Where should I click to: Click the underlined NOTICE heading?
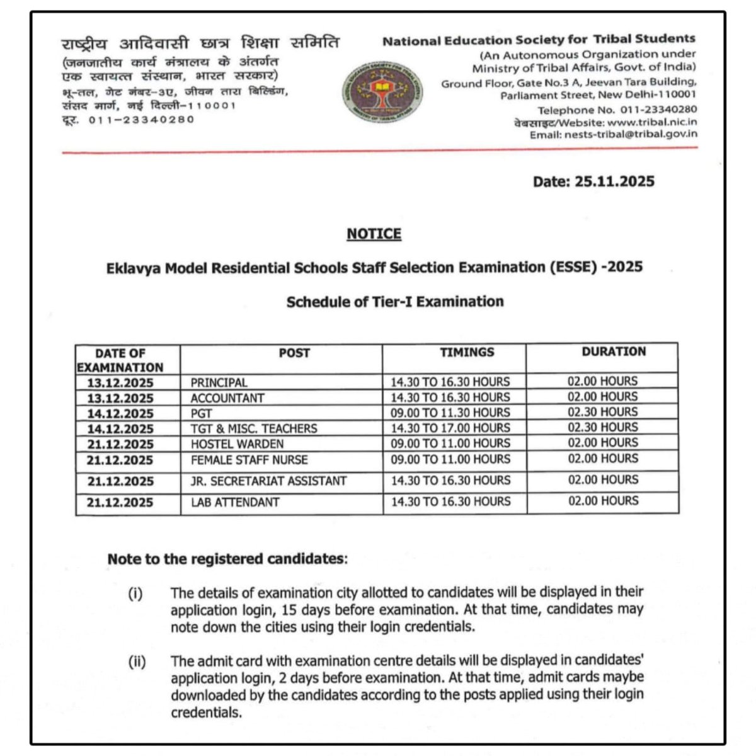click(374, 234)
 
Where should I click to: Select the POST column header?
click(294, 353)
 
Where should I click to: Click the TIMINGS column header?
click(467, 352)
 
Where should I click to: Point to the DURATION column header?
click(614, 352)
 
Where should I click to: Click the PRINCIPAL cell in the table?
click(219, 382)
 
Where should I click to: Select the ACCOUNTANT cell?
click(227, 398)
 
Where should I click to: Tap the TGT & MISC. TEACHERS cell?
click(254, 428)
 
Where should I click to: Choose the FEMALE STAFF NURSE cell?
click(249, 460)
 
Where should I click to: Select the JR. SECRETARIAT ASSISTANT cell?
click(269, 481)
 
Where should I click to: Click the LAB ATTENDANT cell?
click(235, 502)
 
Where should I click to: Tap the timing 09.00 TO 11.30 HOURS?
click(450, 413)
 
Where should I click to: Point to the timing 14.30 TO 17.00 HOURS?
click(450, 428)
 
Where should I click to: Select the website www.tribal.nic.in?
click(652, 122)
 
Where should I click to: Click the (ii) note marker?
click(137, 662)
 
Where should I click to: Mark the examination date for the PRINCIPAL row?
click(120, 382)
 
